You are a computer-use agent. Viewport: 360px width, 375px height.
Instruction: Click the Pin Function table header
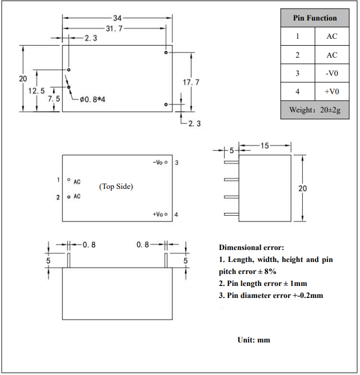(x=315, y=18)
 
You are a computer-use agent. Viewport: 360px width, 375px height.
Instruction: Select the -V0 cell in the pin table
(x=332, y=73)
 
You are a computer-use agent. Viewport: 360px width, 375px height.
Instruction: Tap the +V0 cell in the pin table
(x=332, y=91)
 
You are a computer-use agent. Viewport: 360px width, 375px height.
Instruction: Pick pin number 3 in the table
(x=297, y=73)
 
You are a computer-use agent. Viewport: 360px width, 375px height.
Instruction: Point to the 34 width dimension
(x=117, y=18)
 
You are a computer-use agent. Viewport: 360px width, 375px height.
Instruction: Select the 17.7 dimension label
(x=191, y=83)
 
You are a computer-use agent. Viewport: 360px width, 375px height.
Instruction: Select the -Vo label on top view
(x=158, y=163)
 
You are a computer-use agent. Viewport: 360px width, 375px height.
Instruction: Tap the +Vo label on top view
(x=158, y=215)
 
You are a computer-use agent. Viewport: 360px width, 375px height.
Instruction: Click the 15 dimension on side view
(x=265, y=146)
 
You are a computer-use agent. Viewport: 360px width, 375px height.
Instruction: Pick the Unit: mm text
(x=254, y=340)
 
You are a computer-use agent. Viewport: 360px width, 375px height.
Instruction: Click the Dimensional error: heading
(x=251, y=247)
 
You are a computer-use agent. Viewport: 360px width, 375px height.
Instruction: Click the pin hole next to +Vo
(x=166, y=215)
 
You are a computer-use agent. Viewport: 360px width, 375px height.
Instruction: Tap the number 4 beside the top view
(x=177, y=215)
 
